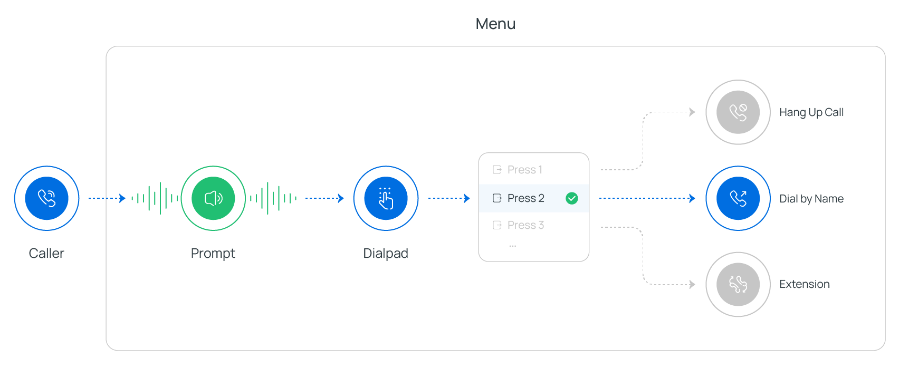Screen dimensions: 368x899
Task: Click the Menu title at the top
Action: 495,24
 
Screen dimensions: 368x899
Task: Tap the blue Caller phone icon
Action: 46,198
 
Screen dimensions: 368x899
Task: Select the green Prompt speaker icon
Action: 213,198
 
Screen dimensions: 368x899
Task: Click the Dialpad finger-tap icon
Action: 386,198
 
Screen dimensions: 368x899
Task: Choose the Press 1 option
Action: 524,170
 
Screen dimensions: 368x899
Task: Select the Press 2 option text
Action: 525,198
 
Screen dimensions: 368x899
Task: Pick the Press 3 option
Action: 525,225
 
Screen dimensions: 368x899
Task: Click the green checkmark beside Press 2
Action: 571,198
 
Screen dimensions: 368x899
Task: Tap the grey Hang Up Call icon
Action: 738,112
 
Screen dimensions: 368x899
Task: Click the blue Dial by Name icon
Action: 738,198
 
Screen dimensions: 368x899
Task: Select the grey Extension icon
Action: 738,284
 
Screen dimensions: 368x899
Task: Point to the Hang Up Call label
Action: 811,112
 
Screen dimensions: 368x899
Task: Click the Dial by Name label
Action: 811,199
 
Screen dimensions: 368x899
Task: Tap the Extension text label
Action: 804,284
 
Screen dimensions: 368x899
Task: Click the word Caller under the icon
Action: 46,253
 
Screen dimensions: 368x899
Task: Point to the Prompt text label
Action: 213,254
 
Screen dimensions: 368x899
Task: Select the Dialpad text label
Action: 386,254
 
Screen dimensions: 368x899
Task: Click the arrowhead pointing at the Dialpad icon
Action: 341,198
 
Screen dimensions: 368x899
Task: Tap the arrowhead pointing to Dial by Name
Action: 692,198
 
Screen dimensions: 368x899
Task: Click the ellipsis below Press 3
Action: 512,246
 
